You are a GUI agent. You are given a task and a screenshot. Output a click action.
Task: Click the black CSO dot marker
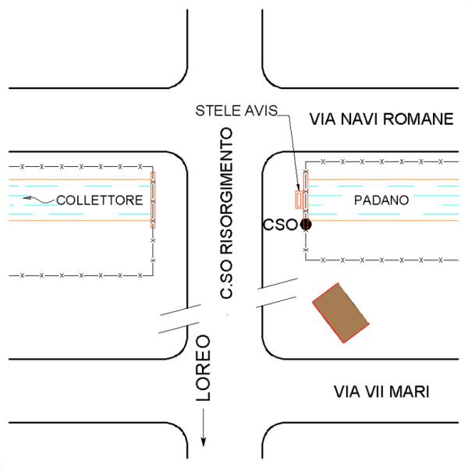coord(306,225)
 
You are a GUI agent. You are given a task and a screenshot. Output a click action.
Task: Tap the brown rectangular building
coord(341,313)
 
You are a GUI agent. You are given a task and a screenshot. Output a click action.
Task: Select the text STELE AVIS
coord(236,111)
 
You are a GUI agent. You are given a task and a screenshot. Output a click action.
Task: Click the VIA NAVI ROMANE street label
coord(381,119)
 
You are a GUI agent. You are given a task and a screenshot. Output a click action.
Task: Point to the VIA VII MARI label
coord(381,392)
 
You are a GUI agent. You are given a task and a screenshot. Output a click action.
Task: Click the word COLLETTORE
coord(100,200)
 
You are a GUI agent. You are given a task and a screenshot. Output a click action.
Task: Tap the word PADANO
coord(381,200)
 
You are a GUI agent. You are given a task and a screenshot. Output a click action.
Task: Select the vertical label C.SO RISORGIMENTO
coord(226,213)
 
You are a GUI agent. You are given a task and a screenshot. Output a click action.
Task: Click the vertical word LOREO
coord(204,367)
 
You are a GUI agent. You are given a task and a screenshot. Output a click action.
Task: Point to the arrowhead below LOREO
coord(204,442)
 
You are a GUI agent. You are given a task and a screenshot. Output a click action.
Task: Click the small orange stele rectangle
coord(299,200)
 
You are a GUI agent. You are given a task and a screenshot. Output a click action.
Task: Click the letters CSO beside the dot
coord(280,225)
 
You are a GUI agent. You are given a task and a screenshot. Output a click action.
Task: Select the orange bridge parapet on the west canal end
coord(153,200)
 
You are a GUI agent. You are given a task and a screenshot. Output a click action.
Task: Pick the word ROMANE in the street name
coord(418,119)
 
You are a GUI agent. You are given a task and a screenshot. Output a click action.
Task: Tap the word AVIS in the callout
coord(261,111)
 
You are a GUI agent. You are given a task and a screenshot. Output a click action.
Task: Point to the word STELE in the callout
coord(218,111)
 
